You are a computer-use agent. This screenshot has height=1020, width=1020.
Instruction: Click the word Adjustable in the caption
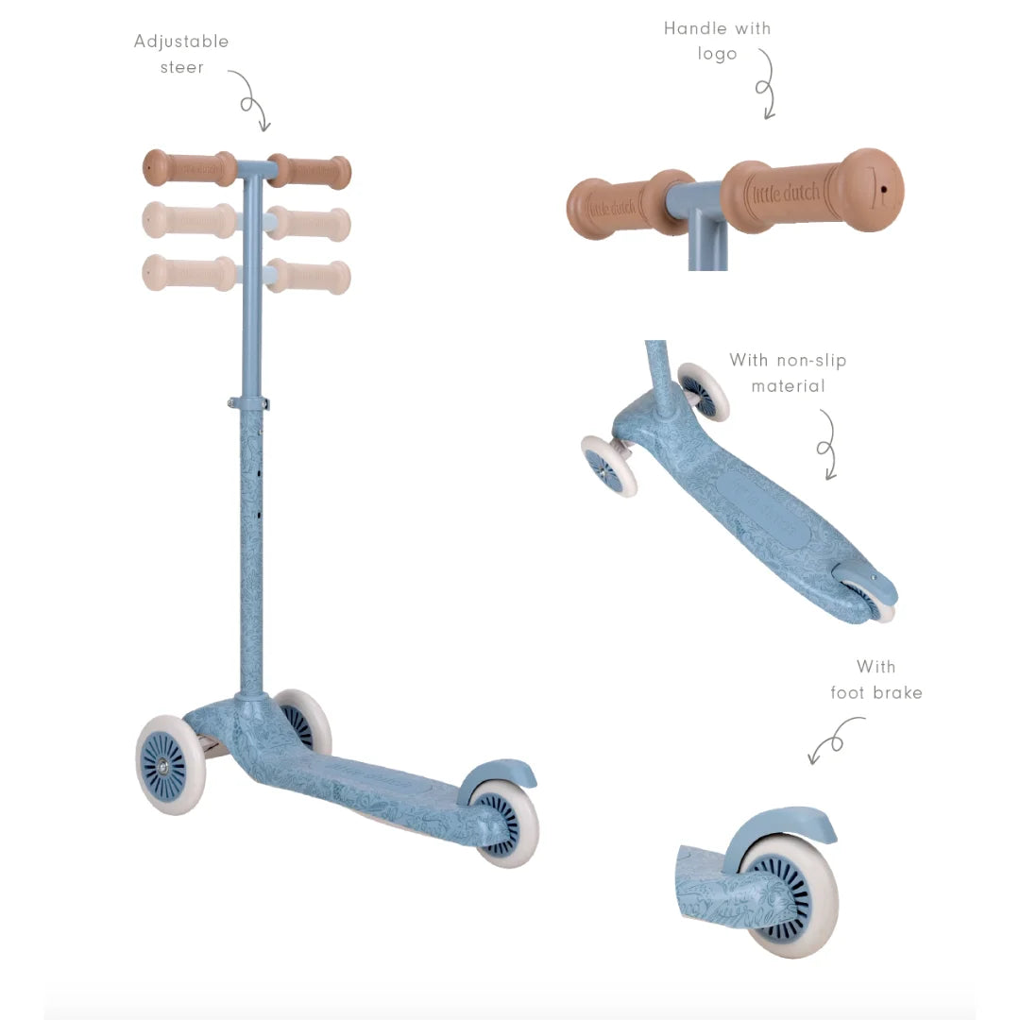[180, 42]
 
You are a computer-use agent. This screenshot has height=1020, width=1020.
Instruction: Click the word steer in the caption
[182, 68]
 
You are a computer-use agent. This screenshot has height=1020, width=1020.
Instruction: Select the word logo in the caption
[717, 54]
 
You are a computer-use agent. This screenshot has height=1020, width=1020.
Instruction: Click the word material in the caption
[788, 386]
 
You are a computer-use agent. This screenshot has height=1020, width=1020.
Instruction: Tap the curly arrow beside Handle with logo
[765, 85]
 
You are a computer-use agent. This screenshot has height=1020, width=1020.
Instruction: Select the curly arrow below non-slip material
[826, 446]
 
